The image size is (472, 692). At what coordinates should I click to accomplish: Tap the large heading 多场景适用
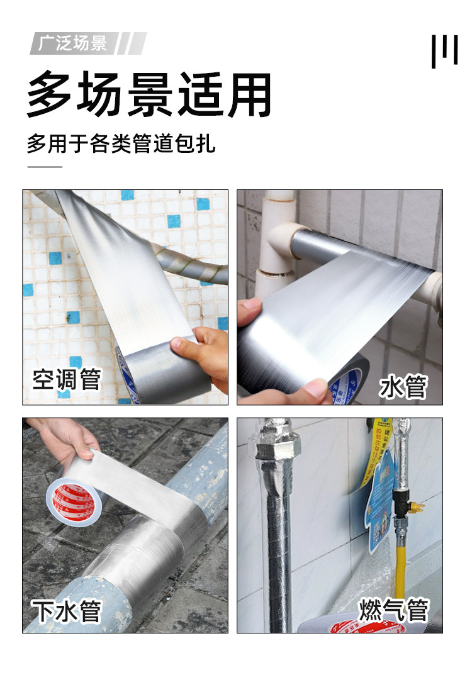(149, 95)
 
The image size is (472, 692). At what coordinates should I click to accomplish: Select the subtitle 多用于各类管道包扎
(121, 143)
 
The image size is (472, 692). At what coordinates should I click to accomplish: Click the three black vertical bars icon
(444, 51)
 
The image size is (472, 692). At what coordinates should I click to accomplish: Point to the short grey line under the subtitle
(45, 167)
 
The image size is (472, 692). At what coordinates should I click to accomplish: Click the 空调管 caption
(67, 379)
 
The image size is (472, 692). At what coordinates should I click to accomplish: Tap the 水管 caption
(403, 387)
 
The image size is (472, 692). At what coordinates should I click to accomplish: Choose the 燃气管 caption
(394, 610)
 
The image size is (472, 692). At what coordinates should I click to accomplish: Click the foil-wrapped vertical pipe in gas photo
(278, 535)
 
